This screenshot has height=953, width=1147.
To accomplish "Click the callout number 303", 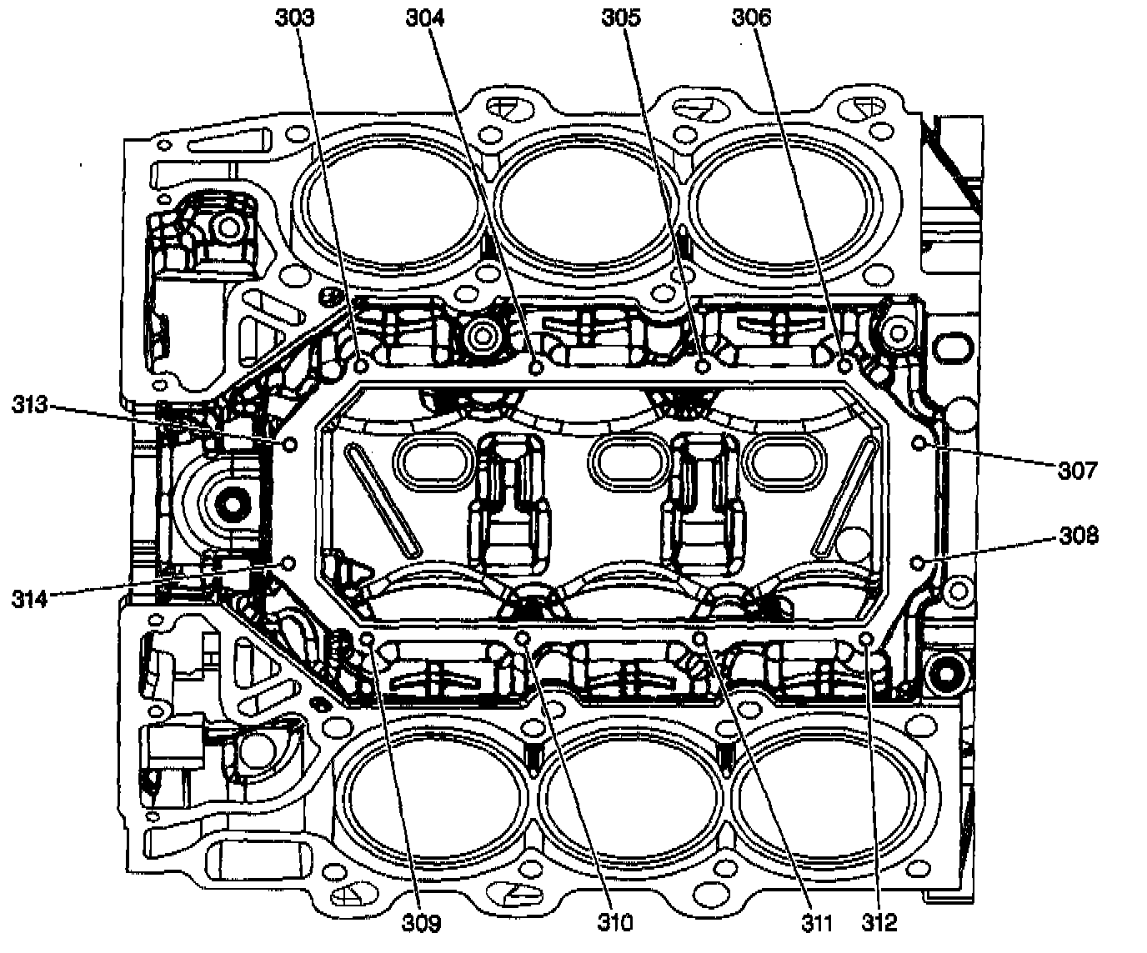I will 295,17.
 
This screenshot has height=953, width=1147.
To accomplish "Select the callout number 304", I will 425,17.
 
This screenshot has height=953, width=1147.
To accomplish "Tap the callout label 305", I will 621,17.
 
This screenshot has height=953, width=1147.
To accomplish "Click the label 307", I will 1078,471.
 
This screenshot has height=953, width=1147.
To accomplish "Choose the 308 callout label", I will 1079,535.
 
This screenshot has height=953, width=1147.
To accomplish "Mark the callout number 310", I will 614,922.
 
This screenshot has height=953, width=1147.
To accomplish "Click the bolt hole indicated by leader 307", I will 921,442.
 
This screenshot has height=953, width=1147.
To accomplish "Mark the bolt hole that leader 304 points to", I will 537,366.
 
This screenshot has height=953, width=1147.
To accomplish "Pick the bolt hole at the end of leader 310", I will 524,638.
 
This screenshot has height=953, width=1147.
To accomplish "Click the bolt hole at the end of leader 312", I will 865,639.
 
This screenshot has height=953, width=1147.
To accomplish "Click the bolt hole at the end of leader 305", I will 703,366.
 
